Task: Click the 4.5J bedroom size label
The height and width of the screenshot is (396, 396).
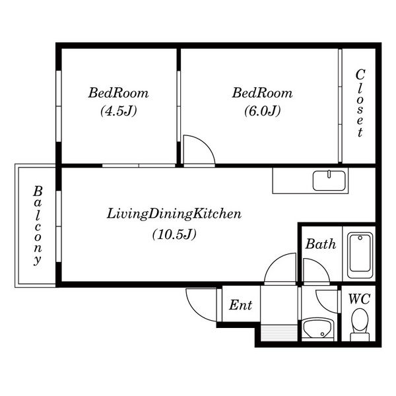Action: tap(119, 111)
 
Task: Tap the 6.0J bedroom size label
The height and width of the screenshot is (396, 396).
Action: tap(263, 111)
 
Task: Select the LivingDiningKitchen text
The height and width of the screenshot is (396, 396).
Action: tap(174, 214)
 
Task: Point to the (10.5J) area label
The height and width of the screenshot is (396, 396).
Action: tap(174, 234)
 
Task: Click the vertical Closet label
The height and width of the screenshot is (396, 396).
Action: tap(360, 103)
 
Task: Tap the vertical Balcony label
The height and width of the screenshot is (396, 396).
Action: tap(38, 226)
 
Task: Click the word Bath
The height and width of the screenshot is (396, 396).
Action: tap(321, 244)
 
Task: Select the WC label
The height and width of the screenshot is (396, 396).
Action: tap(360, 299)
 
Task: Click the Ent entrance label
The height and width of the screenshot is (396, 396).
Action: tap(240, 305)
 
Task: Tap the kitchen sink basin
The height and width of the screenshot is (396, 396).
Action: tap(329, 181)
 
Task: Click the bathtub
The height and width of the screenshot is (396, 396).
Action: tap(360, 255)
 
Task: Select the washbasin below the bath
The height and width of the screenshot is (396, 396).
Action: tap(319, 329)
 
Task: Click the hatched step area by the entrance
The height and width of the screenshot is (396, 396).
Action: tap(279, 333)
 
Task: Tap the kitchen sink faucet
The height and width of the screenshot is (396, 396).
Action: tap(329, 174)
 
